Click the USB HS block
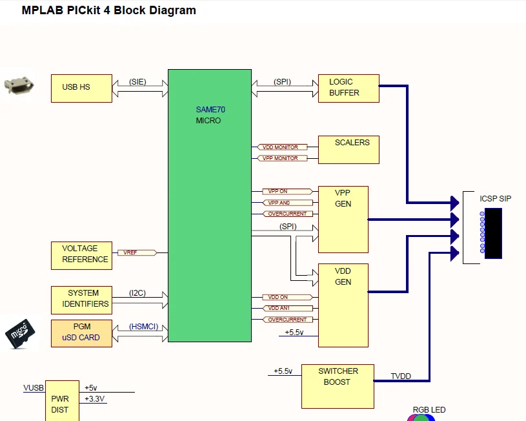coord(81,88)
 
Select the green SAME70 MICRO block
coord(210,205)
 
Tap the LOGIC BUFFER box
coord(349,88)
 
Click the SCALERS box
coord(349,150)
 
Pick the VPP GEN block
coord(343,220)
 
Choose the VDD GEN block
coord(343,305)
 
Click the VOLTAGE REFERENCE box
coord(81,255)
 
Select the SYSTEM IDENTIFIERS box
coord(81,298)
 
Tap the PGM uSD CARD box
coord(81,333)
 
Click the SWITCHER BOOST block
coord(338,385)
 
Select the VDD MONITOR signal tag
coord(280,148)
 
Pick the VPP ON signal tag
coord(280,192)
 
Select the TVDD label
coord(401,376)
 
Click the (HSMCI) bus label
coord(143,327)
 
